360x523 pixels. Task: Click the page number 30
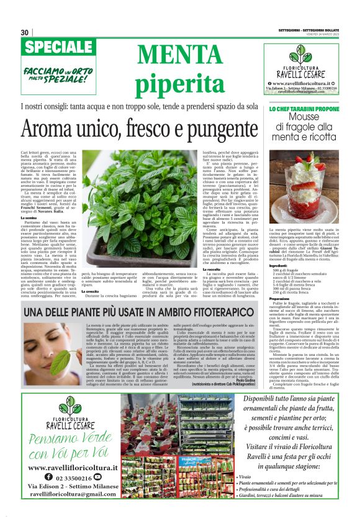pos(25,32)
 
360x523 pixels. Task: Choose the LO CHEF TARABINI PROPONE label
pos(304,109)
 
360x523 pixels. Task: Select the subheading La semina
pos(29,217)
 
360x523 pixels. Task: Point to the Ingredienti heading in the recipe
pos(279,264)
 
